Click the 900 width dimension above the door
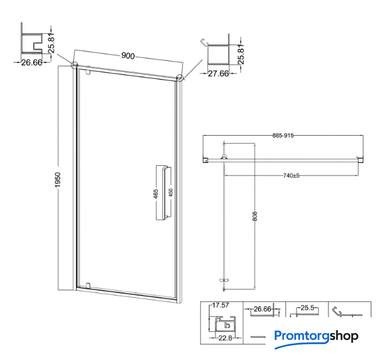(128, 56)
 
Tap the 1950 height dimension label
(57, 180)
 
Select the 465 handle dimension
(156, 194)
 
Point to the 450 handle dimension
(171, 192)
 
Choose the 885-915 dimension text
(283, 135)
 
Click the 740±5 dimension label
(291, 175)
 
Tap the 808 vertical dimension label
(255, 216)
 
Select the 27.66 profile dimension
(218, 74)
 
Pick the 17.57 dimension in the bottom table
(220, 305)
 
